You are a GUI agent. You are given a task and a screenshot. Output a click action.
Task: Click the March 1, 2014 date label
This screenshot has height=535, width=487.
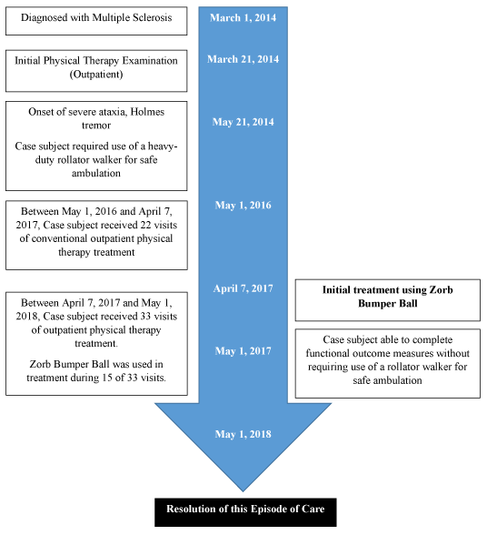tap(243, 18)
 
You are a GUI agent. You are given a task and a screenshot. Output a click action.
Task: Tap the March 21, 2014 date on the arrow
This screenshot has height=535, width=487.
tap(243, 59)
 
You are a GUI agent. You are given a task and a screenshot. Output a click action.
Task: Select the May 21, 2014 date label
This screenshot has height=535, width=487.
tap(243, 122)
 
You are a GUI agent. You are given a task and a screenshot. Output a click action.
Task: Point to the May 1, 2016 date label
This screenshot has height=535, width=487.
tap(243, 205)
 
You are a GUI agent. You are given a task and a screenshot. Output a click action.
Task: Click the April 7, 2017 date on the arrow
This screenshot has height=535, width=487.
tap(243, 288)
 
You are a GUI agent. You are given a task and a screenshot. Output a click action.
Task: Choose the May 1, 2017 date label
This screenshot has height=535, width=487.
tap(243, 351)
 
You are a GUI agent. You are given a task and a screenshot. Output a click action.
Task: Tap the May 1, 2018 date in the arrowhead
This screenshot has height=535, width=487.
tap(243, 434)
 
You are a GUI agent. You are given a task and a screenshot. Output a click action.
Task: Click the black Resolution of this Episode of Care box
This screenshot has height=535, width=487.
tap(245, 512)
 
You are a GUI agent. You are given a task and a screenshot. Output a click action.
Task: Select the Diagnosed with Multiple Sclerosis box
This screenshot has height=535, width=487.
tap(96, 21)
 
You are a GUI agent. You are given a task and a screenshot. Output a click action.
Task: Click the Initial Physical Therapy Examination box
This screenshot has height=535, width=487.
tap(96, 71)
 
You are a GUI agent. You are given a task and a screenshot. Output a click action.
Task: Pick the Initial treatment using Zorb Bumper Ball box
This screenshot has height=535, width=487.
tap(387, 300)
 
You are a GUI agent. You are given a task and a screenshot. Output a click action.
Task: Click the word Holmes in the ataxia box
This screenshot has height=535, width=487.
tap(147, 112)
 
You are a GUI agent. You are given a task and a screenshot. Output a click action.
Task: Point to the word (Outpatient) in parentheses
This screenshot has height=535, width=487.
tap(96, 75)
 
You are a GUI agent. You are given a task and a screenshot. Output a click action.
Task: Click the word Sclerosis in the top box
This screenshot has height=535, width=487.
tap(152, 18)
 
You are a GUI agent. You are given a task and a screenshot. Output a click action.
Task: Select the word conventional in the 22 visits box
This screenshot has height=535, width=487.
tap(58, 238)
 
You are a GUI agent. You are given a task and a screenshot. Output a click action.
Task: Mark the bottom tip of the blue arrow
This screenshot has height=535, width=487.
tap(243, 491)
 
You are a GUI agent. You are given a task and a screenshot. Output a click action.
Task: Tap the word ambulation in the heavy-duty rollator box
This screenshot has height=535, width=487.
tap(96, 173)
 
